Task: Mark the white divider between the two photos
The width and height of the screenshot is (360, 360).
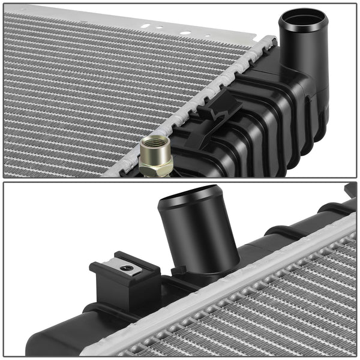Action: [180, 180]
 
